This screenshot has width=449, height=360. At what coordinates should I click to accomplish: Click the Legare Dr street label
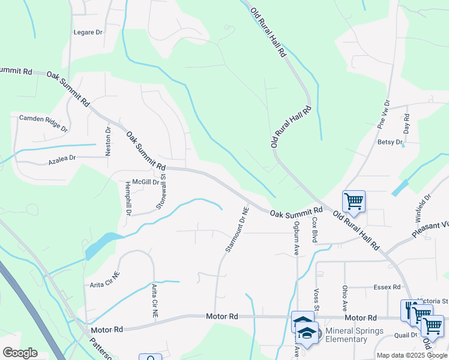(x=88, y=32)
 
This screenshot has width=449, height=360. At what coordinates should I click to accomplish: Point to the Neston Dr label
(x=109, y=142)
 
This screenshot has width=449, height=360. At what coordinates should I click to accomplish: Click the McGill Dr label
(x=146, y=182)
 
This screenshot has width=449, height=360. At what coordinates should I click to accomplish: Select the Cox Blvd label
(x=314, y=229)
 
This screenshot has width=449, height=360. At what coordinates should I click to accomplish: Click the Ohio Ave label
(x=345, y=298)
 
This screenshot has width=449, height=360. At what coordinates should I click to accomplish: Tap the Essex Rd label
(x=387, y=287)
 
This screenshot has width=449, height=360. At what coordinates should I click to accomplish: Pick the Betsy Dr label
(x=390, y=142)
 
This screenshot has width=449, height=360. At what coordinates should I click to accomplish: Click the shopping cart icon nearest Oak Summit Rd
(x=354, y=202)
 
